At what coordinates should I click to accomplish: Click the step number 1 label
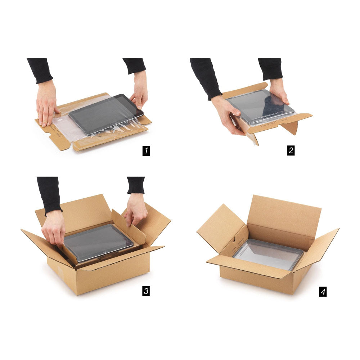[146, 151]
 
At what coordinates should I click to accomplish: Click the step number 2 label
[291, 150]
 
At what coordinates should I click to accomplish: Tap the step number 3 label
[146, 291]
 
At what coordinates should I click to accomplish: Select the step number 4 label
[323, 292]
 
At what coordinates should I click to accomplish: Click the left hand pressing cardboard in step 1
[47, 103]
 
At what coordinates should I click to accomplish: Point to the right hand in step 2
[279, 91]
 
